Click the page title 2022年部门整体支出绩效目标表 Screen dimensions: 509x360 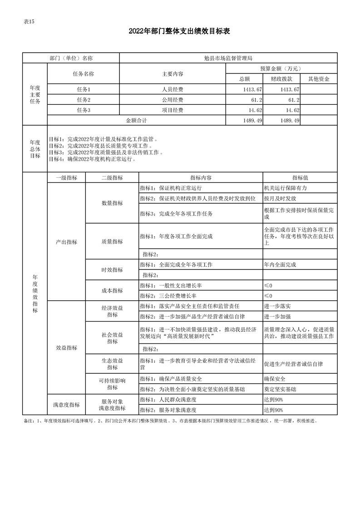180,31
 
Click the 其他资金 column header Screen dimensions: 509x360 319,79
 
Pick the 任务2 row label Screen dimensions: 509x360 84,100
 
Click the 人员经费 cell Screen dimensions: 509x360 173,89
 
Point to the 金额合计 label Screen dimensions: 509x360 136,121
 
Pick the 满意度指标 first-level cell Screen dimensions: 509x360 66,405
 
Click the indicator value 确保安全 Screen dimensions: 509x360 275,379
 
